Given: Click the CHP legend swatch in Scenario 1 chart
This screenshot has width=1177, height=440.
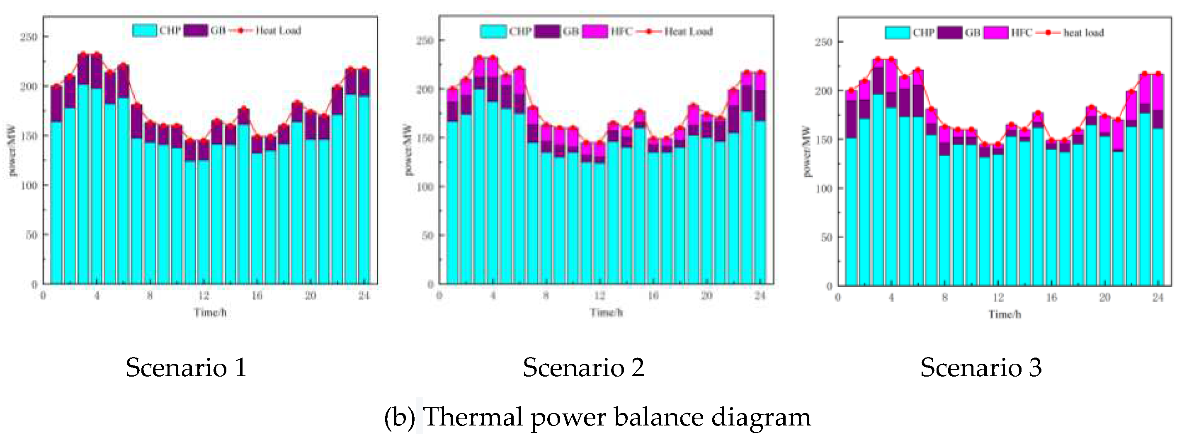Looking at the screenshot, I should tap(145, 31).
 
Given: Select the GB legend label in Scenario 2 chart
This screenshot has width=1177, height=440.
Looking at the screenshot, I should tap(571, 31).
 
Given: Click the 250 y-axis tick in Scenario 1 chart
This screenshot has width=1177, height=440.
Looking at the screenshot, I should tap(28, 36).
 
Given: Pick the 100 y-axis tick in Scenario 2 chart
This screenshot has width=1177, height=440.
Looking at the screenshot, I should tap(425, 187).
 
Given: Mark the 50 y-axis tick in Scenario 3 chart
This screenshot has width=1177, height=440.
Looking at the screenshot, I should tap(826, 237).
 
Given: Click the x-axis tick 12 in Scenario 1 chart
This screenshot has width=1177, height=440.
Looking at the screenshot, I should tap(203, 296).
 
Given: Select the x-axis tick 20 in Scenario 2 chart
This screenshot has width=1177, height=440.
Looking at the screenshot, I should tap(706, 296).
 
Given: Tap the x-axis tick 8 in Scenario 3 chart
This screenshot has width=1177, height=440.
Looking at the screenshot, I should tap(944, 297).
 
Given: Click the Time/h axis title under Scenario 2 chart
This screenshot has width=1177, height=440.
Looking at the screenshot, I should tap(606, 313).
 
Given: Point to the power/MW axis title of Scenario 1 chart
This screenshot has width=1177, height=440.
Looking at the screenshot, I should tap(12, 151).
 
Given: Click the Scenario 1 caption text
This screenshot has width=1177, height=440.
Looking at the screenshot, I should tap(186, 367).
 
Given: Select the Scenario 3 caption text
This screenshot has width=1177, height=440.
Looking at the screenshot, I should tap(981, 367).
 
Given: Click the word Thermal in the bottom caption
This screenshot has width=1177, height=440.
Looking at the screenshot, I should tap(473, 417).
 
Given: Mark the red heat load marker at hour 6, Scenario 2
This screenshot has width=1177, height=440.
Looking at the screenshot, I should tap(519, 69).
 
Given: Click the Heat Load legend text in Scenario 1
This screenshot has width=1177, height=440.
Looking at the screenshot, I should tap(278, 31).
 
